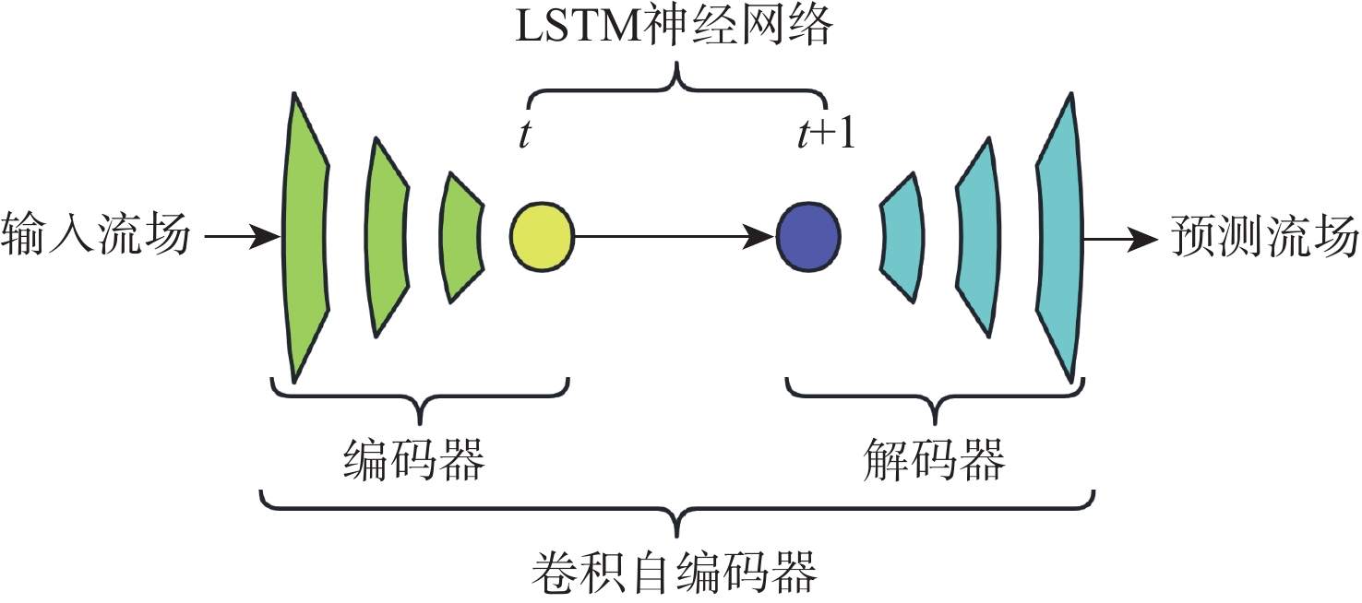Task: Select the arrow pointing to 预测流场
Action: [1120, 237]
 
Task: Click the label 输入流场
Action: [96, 236]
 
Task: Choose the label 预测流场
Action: [1265, 236]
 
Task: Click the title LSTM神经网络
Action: [674, 28]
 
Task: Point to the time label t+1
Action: [826, 136]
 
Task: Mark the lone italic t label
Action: [524, 136]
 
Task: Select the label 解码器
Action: [934, 459]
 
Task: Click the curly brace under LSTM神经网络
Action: [677, 88]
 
